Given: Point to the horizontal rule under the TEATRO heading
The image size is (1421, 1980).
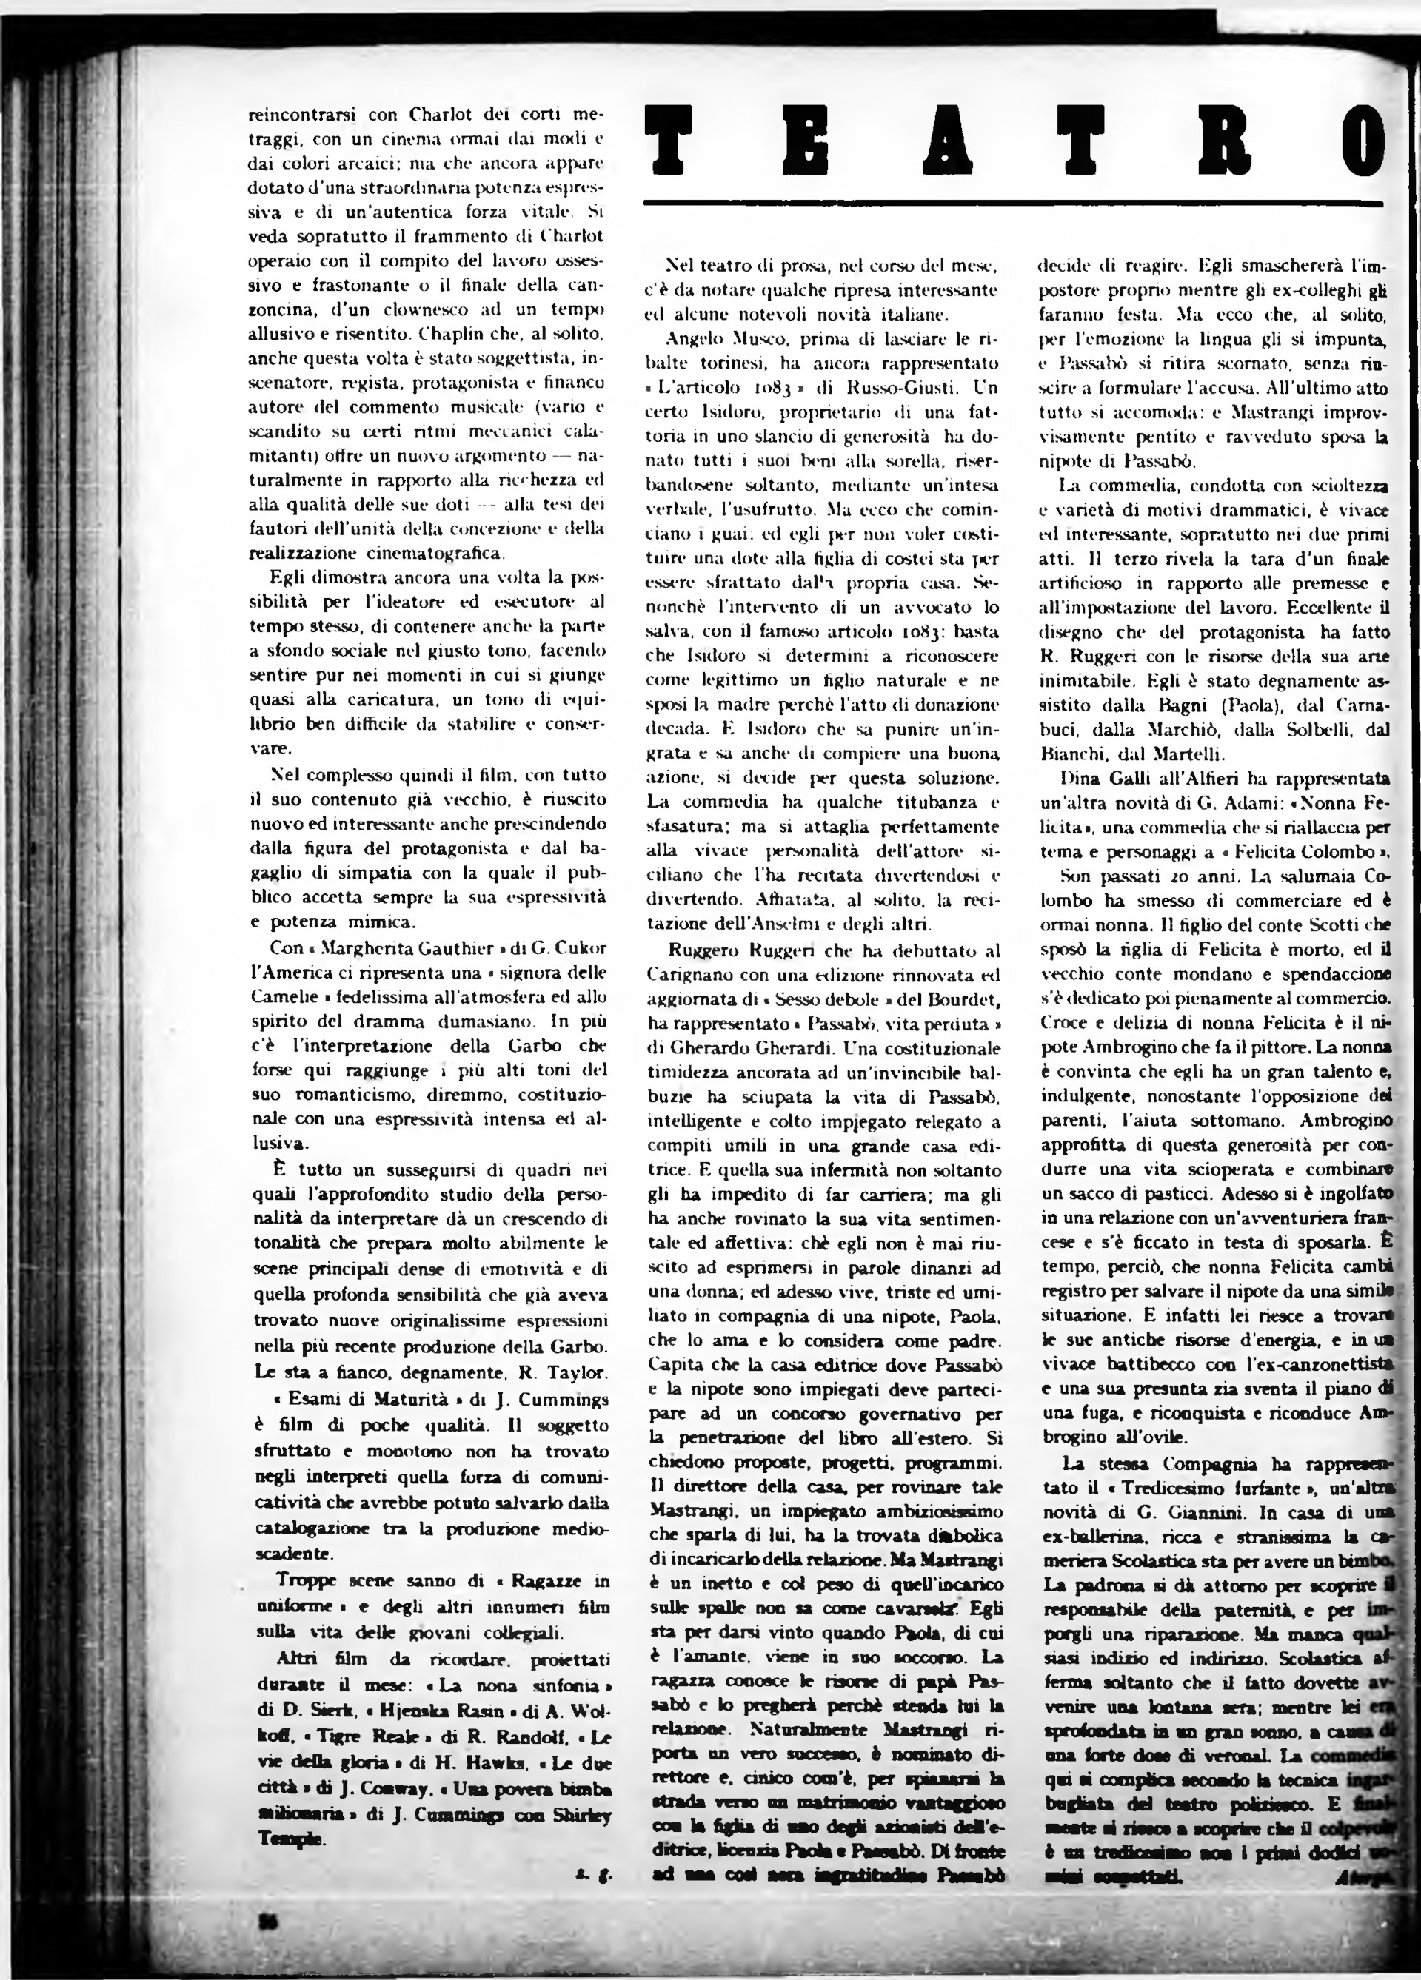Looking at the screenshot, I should (x=1013, y=204).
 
